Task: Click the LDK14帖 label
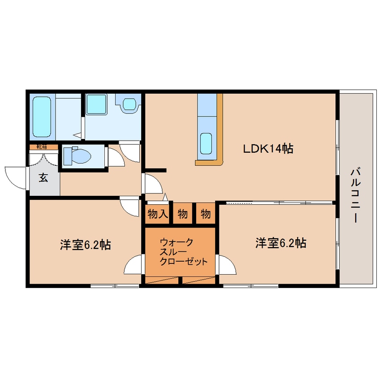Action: click(268, 148)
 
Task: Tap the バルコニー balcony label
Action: click(355, 196)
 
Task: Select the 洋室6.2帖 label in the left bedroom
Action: click(85, 244)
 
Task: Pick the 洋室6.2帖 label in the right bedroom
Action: click(281, 243)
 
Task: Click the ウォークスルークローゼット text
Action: click(184, 252)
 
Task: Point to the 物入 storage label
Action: click(158, 214)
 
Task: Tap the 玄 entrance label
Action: click(43, 178)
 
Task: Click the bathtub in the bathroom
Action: click(42, 117)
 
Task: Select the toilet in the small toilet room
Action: click(77, 156)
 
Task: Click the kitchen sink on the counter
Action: click(206, 143)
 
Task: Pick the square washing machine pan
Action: click(96, 104)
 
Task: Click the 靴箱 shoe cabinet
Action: click(44, 147)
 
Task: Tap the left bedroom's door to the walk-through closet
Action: click(133, 264)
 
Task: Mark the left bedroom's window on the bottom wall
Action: click(115, 286)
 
